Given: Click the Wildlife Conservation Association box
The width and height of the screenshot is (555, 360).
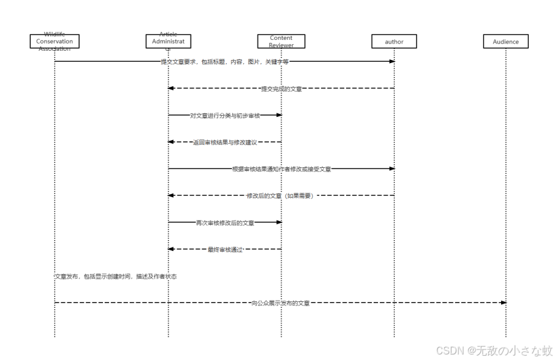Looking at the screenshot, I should (55, 42).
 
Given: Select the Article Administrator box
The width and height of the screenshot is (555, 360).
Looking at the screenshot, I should (168, 42).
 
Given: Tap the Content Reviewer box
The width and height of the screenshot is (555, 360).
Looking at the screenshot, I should (281, 42).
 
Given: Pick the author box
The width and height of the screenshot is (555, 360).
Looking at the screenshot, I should (394, 42).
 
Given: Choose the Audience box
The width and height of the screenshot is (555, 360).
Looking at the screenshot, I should (506, 42).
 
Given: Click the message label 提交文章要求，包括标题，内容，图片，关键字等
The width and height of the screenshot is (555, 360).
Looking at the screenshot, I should (225, 62).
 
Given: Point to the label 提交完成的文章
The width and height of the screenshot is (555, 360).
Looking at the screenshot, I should (281, 89).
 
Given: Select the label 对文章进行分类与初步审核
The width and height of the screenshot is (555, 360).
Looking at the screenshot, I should (225, 115).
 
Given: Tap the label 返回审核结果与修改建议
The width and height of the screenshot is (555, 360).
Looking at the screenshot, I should (225, 142).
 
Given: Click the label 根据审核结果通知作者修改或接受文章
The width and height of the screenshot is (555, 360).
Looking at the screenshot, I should (282, 168).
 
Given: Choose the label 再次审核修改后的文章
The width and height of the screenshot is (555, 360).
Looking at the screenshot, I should (225, 222).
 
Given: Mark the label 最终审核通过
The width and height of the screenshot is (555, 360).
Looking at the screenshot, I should (225, 249).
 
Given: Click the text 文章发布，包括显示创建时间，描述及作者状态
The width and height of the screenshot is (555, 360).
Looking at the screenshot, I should (116, 277).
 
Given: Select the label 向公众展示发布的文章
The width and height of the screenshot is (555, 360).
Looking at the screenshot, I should (281, 303).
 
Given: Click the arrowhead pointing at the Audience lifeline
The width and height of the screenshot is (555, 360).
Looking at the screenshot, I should (503, 302).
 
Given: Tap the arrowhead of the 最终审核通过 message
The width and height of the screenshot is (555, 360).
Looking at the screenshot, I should (172, 249).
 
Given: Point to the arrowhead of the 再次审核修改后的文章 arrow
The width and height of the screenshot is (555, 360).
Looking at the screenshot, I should (278, 222).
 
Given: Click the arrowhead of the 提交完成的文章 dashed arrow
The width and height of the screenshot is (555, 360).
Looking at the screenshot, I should (172, 88).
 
